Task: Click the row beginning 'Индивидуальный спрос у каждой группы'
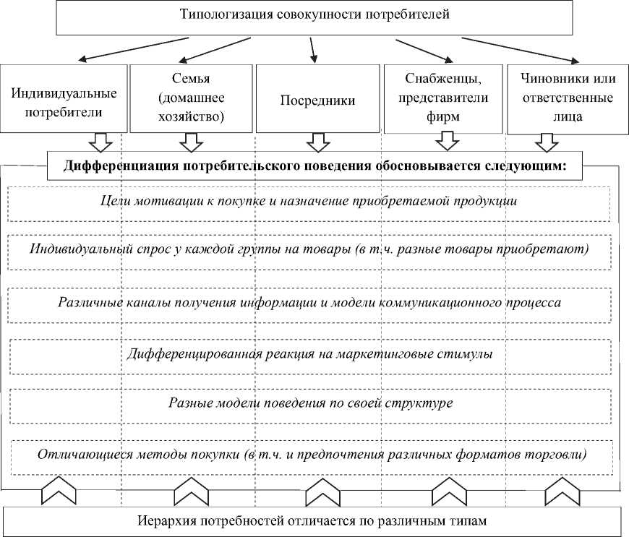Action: point(309,249)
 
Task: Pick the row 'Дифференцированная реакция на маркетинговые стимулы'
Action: point(309,354)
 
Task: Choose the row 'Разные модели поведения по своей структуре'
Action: point(309,403)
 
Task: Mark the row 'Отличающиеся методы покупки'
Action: point(309,455)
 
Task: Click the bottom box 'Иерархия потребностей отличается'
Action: point(312,520)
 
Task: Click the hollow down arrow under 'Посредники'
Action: point(317,142)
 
